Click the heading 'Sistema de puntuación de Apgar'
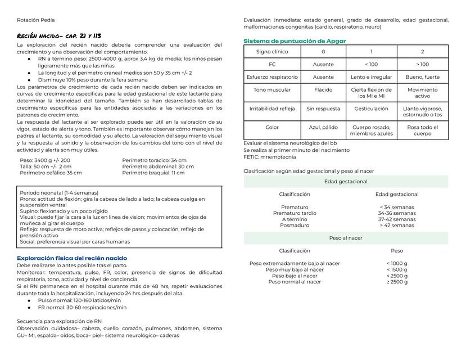tap(295, 41)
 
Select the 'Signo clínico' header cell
tap(272, 51)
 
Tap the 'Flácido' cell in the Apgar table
tap(323, 90)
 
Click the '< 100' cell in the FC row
tap(371, 64)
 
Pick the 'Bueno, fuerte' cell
tap(422, 77)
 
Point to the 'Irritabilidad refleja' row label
tap(272, 109)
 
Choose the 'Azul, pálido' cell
tap(323, 128)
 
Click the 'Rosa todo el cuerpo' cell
tap(422, 130)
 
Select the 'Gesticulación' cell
tap(371, 109)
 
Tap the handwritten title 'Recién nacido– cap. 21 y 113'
tap(59, 36)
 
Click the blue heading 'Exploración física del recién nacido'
tap(72, 258)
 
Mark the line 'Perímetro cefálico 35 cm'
tap(51, 173)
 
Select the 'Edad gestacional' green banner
tap(346, 182)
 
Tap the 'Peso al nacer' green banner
tap(346, 238)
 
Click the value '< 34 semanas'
tap(397, 208)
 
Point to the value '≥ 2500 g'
tap(397, 282)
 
